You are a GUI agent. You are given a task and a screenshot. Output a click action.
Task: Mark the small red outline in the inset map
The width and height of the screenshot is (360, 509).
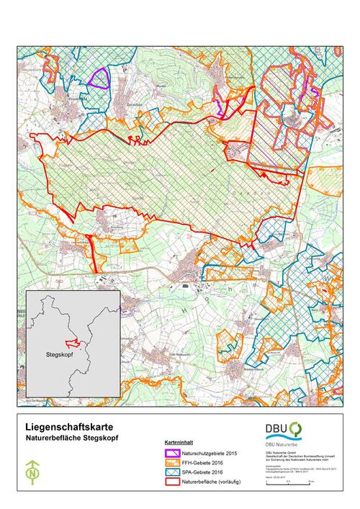(71, 342)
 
